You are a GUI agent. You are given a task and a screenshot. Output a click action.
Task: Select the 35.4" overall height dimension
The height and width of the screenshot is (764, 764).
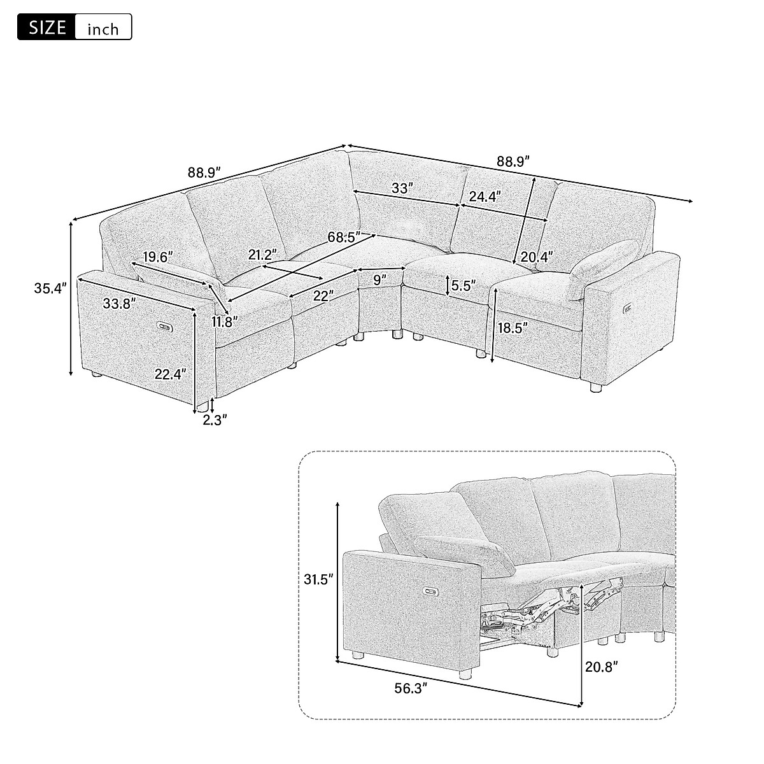coord(50,288)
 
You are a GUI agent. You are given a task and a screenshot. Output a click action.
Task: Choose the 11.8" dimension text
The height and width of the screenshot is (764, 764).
coord(226,322)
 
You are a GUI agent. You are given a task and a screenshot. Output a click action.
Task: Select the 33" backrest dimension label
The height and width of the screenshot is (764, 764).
coord(402,188)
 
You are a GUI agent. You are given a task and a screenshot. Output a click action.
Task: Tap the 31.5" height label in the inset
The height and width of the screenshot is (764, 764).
coord(317,580)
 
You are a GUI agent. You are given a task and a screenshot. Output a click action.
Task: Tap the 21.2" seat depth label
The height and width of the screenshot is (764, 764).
coord(262,255)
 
